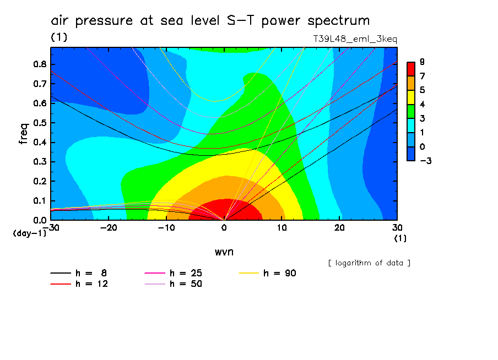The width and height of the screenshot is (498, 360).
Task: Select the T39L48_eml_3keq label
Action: (x=355, y=39)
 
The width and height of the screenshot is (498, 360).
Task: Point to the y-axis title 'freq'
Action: (x=24, y=134)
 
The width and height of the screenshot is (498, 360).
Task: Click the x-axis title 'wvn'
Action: (x=224, y=251)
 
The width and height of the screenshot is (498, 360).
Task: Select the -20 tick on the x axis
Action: (x=109, y=227)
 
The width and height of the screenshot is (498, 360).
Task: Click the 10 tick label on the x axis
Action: (x=282, y=227)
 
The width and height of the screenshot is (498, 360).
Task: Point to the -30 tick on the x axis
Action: (x=51, y=227)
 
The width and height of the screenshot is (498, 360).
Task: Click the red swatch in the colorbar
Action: (x=410, y=69)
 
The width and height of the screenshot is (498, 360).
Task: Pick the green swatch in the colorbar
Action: (x=410, y=111)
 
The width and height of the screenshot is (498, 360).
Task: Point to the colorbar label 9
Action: (x=421, y=62)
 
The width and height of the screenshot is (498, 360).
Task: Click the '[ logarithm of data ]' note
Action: (x=369, y=263)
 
